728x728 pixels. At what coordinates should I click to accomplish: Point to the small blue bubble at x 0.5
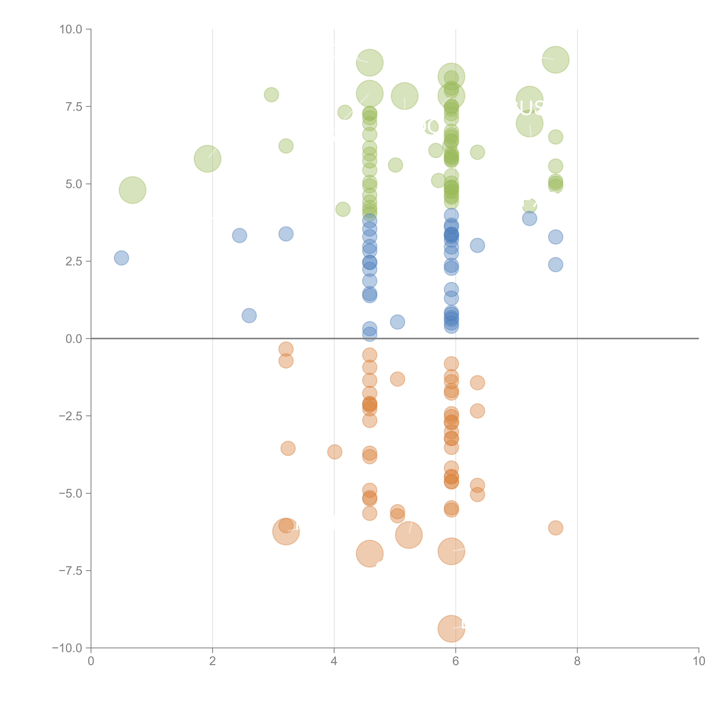[x=121, y=258]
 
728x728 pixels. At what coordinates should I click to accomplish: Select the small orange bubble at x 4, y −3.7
[x=335, y=452]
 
